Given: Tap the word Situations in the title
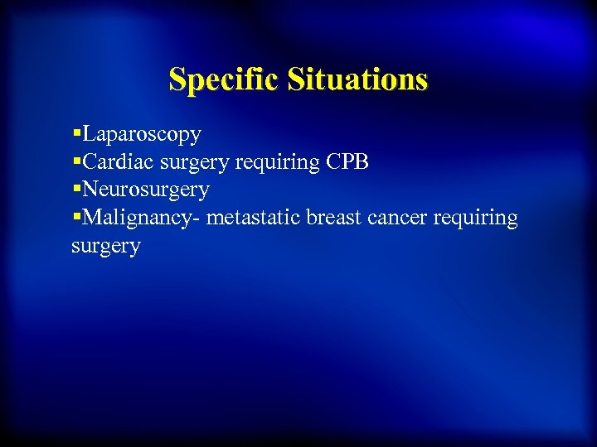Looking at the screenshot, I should point(358,80).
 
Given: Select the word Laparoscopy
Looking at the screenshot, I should point(142,133).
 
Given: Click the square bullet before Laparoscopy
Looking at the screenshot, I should point(76,132).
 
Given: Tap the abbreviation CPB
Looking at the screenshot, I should point(347,161).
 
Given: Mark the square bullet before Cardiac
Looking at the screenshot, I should point(76,161).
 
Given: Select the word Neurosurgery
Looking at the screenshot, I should point(146,190).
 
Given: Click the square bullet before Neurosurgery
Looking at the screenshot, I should point(76,189).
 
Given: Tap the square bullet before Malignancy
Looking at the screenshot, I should point(76,217).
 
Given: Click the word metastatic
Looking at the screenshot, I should point(254,219).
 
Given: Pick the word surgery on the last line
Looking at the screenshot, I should point(106,247).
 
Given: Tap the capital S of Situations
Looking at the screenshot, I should point(297,80).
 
